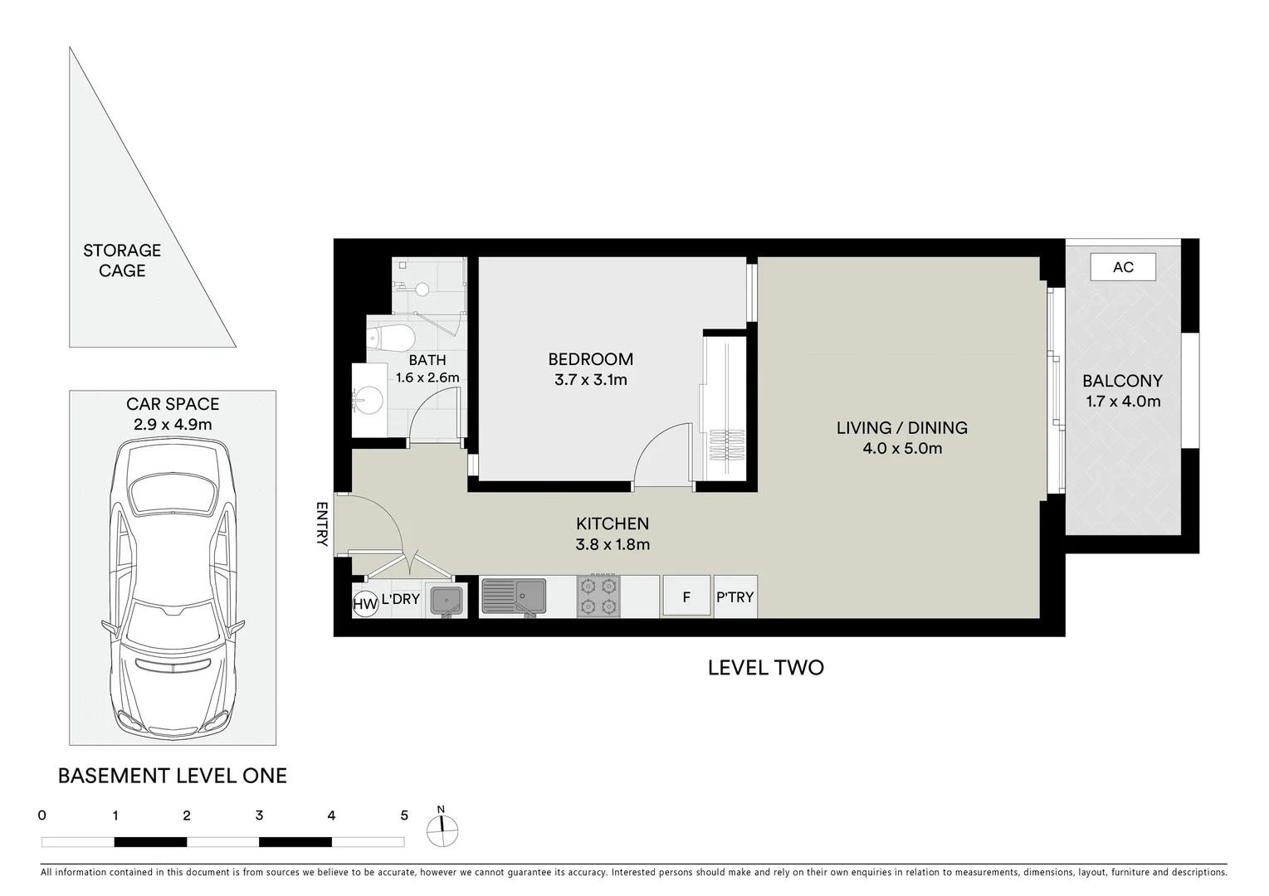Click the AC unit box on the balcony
tap(1123, 267)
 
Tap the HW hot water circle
tap(365, 605)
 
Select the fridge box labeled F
tap(686, 597)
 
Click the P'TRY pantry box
tap(735, 597)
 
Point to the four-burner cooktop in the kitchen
tap(598, 597)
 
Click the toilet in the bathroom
tap(392, 338)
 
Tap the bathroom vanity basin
tap(363, 400)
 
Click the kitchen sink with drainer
tap(513, 596)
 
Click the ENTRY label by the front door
tap(322, 523)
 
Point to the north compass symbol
tap(442, 829)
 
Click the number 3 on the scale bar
tap(259, 816)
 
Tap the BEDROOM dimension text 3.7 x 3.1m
tap(590, 380)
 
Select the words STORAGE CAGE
tap(122, 261)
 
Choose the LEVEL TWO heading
tap(765, 668)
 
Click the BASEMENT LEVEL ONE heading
tap(172, 777)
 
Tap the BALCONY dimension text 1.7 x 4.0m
tap(1122, 402)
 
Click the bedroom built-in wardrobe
tap(726, 407)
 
